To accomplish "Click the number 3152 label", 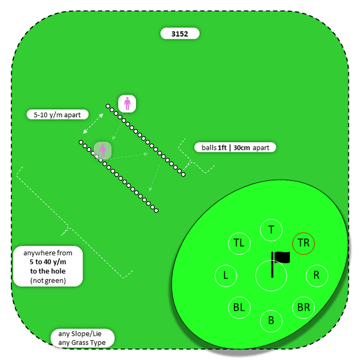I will [180, 34].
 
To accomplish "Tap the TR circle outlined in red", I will [304, 243].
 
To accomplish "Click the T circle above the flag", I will [272, 229].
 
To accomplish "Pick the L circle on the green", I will [226, 276].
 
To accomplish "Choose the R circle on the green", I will [317, 276].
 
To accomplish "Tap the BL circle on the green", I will [239, 308].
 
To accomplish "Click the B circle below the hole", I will [272, 321].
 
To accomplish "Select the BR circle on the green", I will [304, 308].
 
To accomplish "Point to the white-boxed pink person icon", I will [127, 103].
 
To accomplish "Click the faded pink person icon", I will [102, 150].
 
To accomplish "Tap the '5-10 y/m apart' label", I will [57, 115].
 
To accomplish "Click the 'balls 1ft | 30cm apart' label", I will [235, 148].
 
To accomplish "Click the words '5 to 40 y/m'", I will [48, 262].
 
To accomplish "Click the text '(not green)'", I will [48, 280].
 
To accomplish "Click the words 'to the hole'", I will [48, 271].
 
